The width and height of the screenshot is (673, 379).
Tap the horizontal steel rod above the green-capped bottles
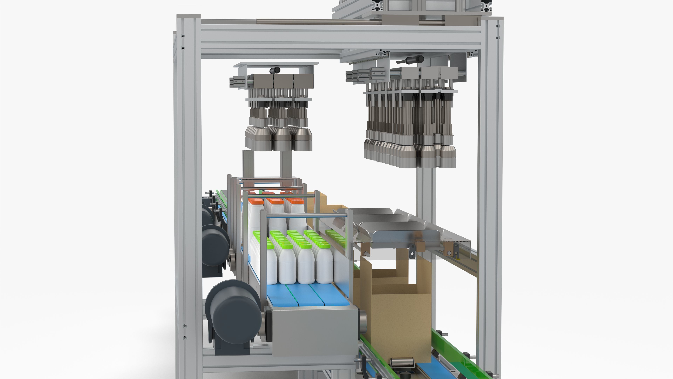[306, 215]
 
